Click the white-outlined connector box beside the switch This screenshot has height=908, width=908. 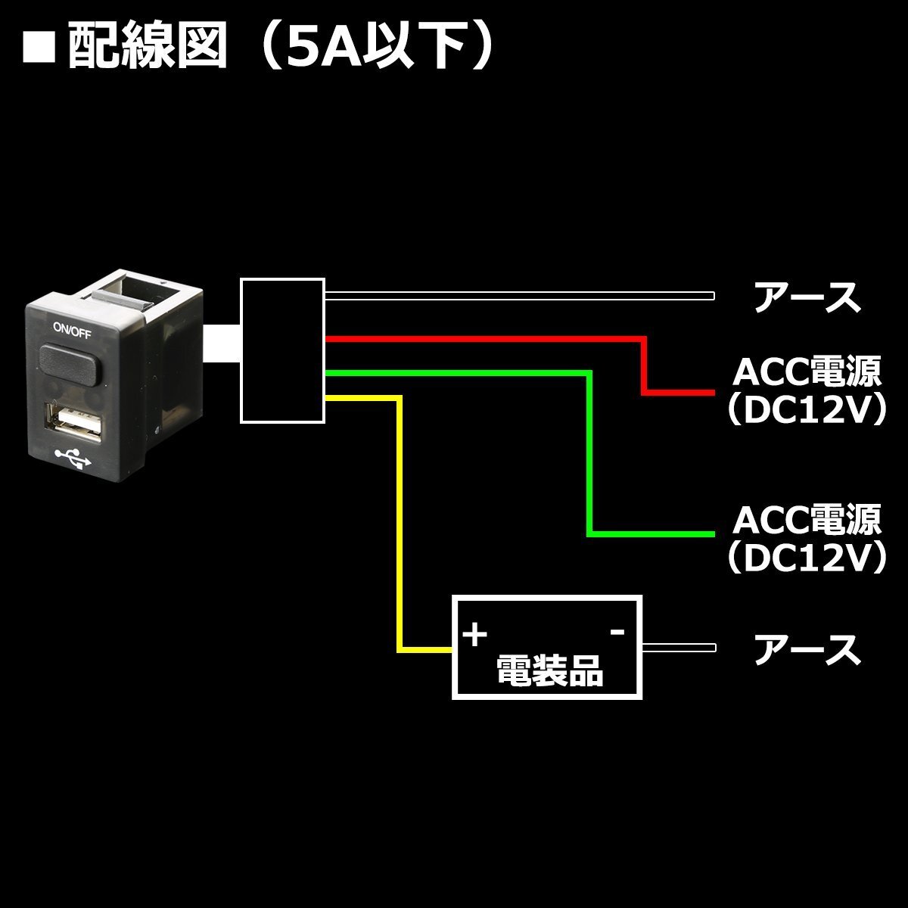pyautogui.click(x=281, y=350)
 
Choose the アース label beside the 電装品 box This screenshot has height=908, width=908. pyautogui.click(x=807, y=650)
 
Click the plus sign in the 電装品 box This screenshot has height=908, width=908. pyautogui.click(x=475, y=635)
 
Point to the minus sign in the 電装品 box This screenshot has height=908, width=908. pyautogui.click(x=617, y=631)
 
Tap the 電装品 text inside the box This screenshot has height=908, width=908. pyautogui.click(x=549, y=670)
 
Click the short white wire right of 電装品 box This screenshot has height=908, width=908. pyautogui.click(x=679, y=648)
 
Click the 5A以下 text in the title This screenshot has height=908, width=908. pyautogui.click(x=374, y=48)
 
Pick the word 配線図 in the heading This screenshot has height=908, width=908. pyautogui.click(x=147, y=48)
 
